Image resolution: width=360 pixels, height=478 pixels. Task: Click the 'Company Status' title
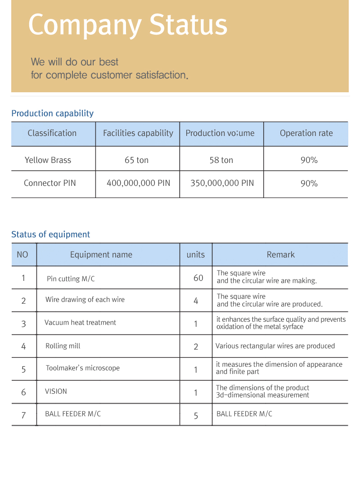(x=128, y=25)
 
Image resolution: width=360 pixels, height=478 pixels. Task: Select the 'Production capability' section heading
(x=52, y=113)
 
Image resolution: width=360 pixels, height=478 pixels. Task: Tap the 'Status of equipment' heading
(x=50, y=234)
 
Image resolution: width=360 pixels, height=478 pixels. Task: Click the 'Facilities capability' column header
(x=138, y=133)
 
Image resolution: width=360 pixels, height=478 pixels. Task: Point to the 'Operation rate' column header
(x=306, y=133)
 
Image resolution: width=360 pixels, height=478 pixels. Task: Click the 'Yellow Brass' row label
(x=48, y=160)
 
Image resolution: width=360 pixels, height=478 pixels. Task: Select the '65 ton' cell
(x=136, y=160)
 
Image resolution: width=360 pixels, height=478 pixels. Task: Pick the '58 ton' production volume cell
(x=221, y=160)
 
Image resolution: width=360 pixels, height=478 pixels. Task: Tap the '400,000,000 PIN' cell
(x=138, y=183)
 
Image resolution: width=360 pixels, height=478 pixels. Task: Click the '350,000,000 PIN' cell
(x=222, y=183)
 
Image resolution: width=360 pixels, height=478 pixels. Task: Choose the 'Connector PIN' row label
(x=49, y=183)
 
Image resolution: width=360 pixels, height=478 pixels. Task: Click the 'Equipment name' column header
(x=101, y=255)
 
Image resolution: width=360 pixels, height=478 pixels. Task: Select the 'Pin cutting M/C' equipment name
(x=71, y=279)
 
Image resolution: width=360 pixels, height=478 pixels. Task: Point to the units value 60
(x=198, y=278)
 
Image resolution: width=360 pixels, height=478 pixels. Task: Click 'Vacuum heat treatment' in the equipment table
(x=80, y=323)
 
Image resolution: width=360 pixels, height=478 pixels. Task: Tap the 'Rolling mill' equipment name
(x=63, y=346)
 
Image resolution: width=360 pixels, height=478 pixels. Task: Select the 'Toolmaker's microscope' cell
(x=82, y=368)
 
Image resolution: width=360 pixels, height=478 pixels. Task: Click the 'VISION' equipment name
(x=56, y=392)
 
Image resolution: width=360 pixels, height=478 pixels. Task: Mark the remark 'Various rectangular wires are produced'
(x=275, y=346)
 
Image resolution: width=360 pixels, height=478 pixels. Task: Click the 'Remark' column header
(x=280, y=255)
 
